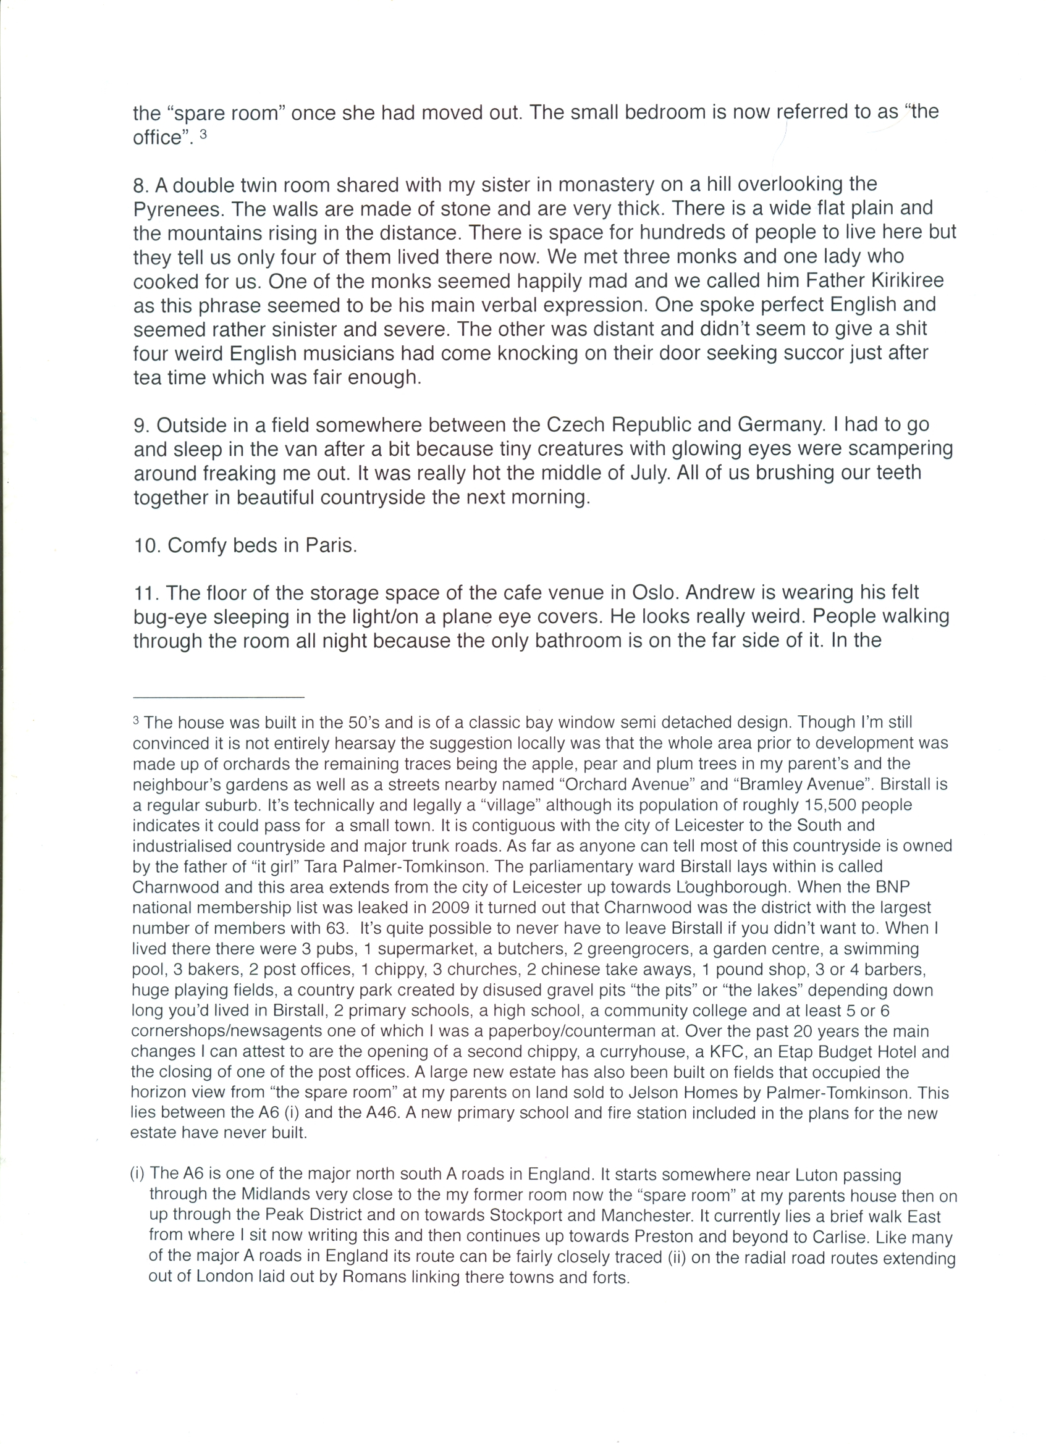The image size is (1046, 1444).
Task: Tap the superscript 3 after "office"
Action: [203, 135]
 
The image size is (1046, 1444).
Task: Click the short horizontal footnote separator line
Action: [219, 697]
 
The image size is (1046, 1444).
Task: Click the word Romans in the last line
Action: [366, 1278]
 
